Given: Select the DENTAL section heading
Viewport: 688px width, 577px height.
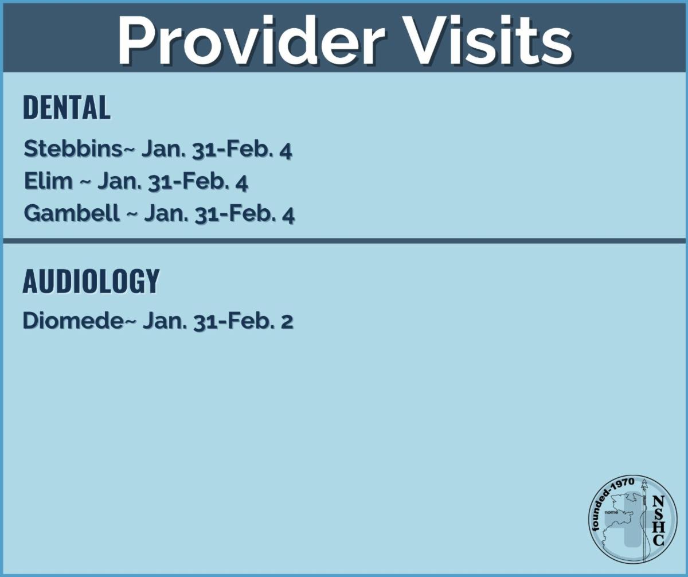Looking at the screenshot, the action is point(67,107).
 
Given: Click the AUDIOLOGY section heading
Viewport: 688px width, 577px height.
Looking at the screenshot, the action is point(91,280).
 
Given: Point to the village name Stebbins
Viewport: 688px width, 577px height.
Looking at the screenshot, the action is point(73,149).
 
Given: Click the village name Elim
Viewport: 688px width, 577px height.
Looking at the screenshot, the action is point(48,181).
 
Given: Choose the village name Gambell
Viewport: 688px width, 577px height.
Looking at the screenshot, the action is point(72,213).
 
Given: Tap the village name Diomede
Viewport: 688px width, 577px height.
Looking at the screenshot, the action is point(72,321).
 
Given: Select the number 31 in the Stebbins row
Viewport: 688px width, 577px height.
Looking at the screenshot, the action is point(204,150).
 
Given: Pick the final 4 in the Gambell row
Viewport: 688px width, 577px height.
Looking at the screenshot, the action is point(288,216).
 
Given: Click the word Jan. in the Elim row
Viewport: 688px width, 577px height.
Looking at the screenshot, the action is point(119,181).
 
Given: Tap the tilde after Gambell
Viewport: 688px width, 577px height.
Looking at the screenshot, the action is point(131,215).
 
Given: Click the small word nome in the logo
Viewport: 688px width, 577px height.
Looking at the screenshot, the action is point(611,512).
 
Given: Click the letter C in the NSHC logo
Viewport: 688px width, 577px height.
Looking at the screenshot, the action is point(658,540).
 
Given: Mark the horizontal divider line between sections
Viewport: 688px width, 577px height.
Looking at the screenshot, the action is point(344,241).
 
